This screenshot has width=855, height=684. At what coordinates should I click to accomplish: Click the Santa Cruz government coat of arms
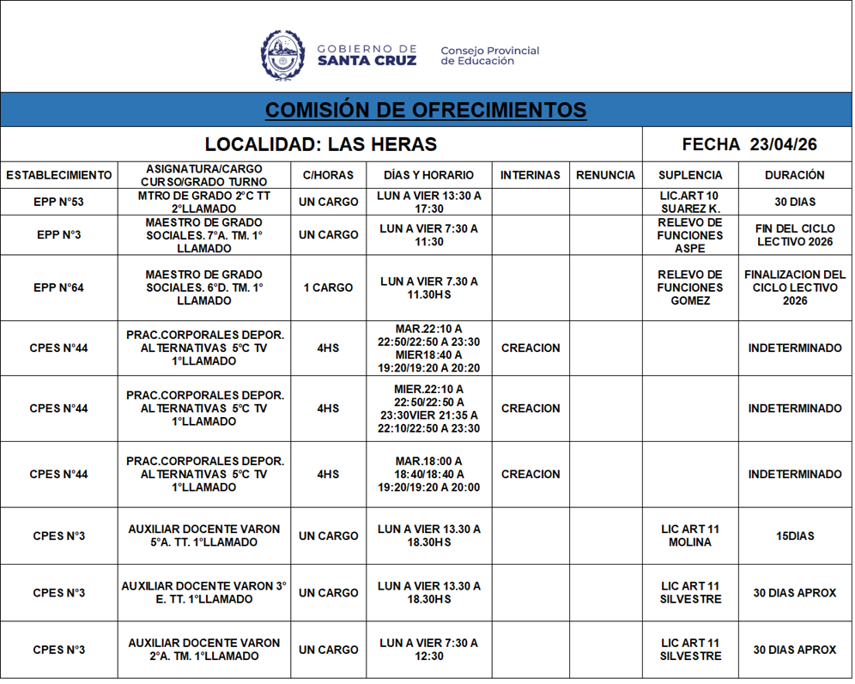tap(282, 55)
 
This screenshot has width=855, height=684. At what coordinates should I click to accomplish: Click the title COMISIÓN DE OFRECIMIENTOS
tap(426, 110)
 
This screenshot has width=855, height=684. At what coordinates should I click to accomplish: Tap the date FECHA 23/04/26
tap(749, 144)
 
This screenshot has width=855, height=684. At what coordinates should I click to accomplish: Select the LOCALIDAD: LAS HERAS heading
tap(321, 144)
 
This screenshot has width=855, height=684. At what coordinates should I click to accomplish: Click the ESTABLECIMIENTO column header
tap(59, 175)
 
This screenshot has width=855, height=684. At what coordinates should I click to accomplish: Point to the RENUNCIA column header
tap(605, 175)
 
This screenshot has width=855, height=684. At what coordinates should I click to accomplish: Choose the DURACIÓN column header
tap(794, 175)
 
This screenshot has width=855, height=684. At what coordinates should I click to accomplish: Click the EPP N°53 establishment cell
tap(59, 202)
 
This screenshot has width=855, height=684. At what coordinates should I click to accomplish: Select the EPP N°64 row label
tap(59, 288)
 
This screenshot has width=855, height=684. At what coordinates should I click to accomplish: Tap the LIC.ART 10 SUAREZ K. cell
tap(690, 202)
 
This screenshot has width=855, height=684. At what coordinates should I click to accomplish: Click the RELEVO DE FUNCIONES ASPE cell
tap(690, 235)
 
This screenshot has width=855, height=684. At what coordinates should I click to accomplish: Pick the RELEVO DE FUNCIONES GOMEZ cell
tap(690, 288)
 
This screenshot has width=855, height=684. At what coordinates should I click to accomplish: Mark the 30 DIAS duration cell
tap(794, 202)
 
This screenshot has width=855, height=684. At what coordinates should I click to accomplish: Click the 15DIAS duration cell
tap(794, 536)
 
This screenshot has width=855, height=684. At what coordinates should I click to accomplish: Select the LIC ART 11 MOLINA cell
tap(690, 536)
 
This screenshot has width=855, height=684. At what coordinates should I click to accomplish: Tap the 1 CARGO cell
tap(328, 288)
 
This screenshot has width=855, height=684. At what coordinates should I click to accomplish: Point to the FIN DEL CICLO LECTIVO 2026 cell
tap(794, 235)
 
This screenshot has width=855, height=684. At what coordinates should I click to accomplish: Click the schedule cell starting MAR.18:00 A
tap(429, 474)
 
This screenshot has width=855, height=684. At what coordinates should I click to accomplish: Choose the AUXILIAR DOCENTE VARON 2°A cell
tap(204, 650)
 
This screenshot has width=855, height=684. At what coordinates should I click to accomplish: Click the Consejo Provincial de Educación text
tap(490, 56)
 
